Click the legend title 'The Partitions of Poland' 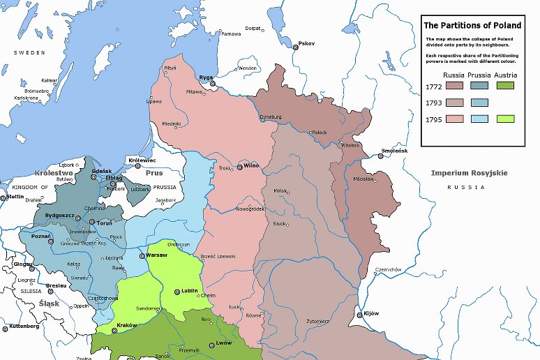[472, 26]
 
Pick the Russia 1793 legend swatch [455, 102]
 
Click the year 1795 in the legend [433, 118]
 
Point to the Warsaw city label [160, 255]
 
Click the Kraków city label [127, 325]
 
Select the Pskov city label [306, 43]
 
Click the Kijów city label [370, 313]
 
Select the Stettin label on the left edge [13, 197]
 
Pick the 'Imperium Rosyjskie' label [469, 173]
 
